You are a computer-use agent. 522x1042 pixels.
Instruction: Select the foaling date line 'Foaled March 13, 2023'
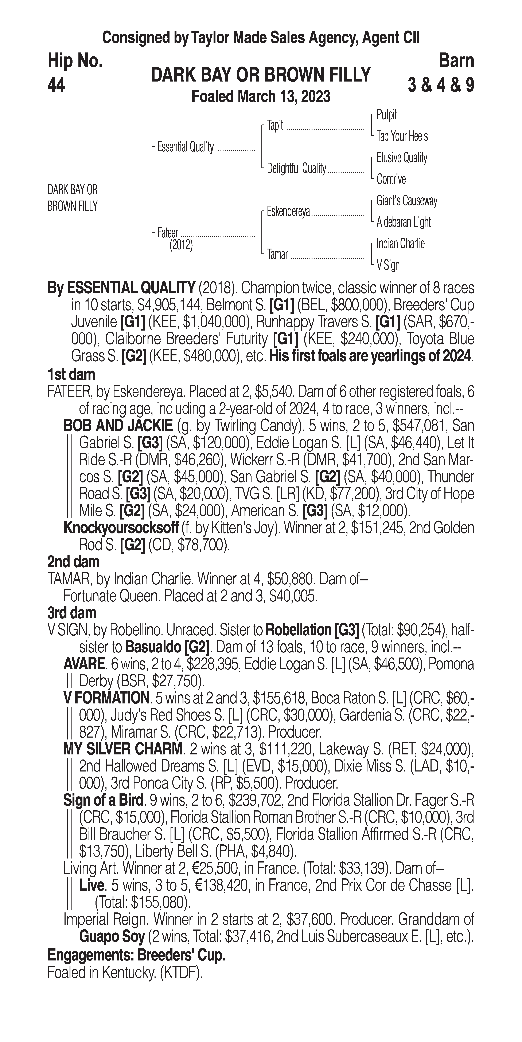261,97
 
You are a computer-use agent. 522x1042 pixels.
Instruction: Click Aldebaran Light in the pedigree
403,222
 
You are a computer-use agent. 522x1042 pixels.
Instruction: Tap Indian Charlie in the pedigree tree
400,244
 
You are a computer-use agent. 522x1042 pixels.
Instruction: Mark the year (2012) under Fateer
181,245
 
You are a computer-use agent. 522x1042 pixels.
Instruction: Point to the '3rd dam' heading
72,613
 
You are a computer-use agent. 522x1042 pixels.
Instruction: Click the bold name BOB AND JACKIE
118,426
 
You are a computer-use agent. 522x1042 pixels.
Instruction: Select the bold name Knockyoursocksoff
121,528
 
